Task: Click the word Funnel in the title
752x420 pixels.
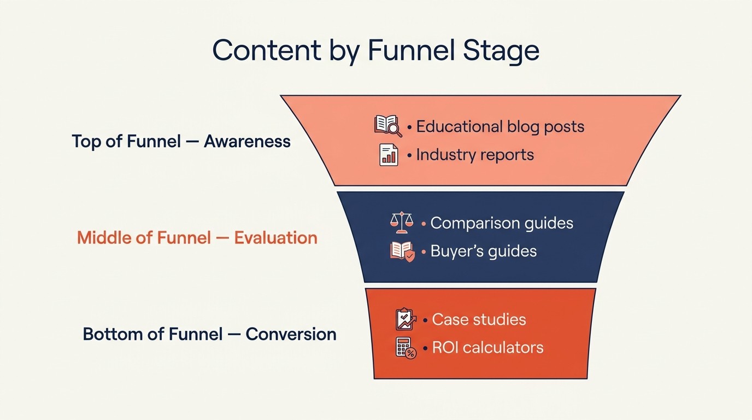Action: [x=412, y=50]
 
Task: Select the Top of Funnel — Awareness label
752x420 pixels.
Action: [x=181, y=142]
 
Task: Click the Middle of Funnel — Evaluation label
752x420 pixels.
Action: [x=197, y=238]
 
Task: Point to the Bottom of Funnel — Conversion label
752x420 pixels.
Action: [x=209, y=334]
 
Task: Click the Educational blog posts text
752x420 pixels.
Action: [x=500, y=127]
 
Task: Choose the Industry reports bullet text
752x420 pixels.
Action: [x=474, y=155]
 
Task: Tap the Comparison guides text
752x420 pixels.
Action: [x=502, y=223]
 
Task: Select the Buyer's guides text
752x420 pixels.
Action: [x=483, y=251]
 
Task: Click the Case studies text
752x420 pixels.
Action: [x=479, y=319]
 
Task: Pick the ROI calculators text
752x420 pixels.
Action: [x=487, y=347]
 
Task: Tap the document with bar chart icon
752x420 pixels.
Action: [x=389, y=155]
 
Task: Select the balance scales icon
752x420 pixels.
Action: [x=402, y=222]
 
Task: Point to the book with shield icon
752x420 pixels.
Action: [x=402, y=252]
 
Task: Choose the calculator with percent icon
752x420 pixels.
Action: [x=406, y=348]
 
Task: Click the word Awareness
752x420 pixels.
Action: [x=247, y=142]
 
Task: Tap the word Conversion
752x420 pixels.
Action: [x=291, y=334]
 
